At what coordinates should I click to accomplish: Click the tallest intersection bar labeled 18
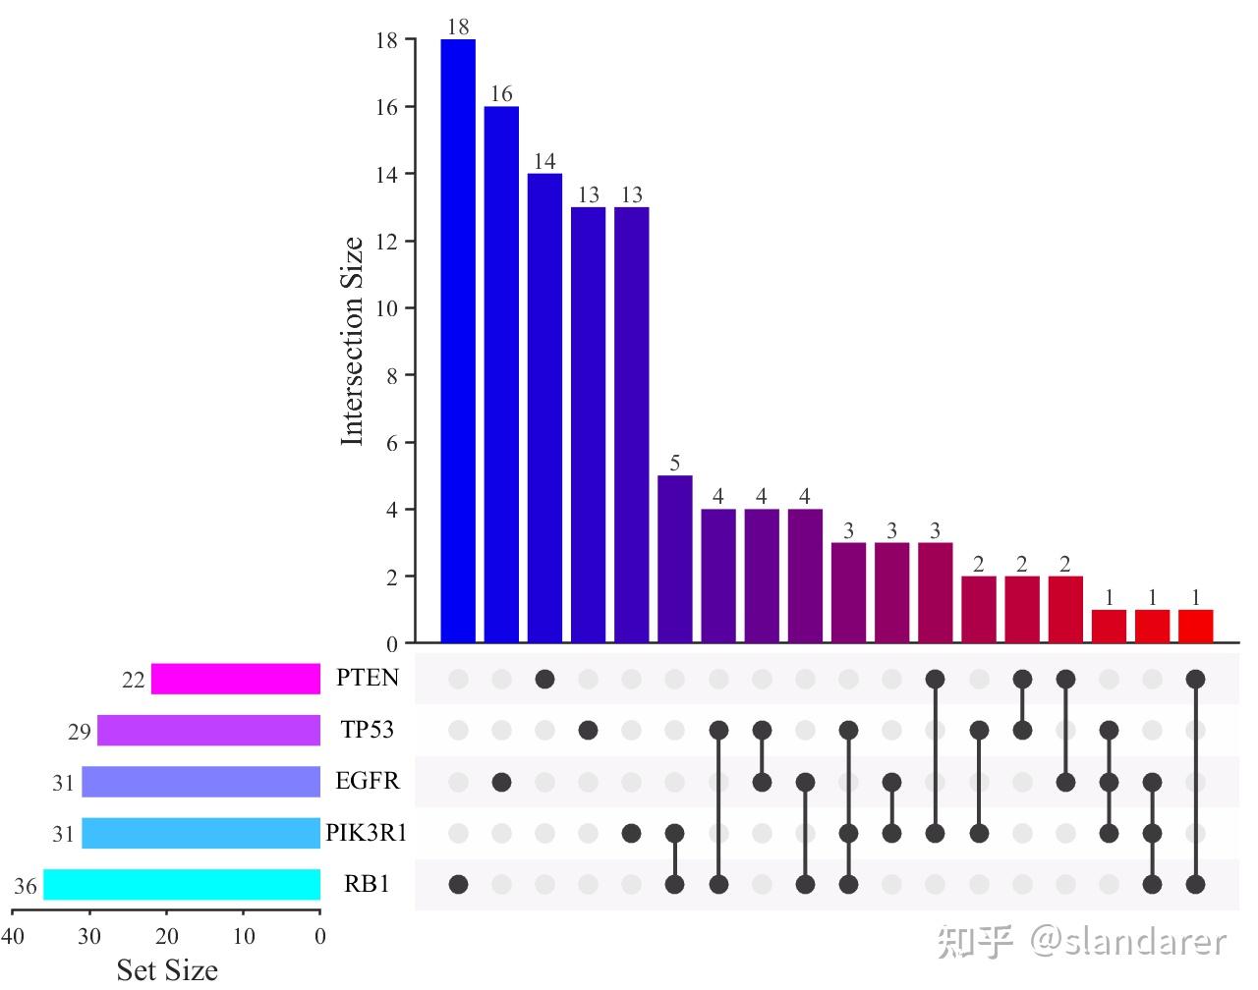click(x=458, y=341)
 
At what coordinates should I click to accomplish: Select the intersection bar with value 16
click(x=501, y=374)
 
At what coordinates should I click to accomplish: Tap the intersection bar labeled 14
click(x=544, y=408)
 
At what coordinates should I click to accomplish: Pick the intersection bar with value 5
click(x=674, y=559)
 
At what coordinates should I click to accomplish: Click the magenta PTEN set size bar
click(x=236, y=679)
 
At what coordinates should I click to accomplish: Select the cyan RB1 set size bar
click(x=182, y=885)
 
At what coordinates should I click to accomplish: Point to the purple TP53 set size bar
click(x=208, y=731)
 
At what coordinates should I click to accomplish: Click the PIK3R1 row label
click(x=366, y=834)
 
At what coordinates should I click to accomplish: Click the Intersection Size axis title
click(x=352, y=341)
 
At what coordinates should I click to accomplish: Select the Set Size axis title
click(x=167, y=970)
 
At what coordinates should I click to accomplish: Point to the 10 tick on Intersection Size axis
click(x=386, y=308)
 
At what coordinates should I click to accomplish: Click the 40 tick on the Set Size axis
click(x=13, y=936)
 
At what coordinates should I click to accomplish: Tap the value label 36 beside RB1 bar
click(x=26, y=887)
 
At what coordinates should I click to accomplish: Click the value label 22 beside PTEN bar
click(x=133, y=680)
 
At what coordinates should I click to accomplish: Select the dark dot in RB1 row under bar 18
click(x=458, y=884)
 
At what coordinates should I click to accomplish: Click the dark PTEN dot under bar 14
click(x=544, y=679)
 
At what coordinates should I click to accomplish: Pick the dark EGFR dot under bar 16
click(x=501, y=782)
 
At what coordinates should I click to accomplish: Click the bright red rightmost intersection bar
click(x=1195, y=626)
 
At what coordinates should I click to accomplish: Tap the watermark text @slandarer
click(x=1128, y=942)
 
